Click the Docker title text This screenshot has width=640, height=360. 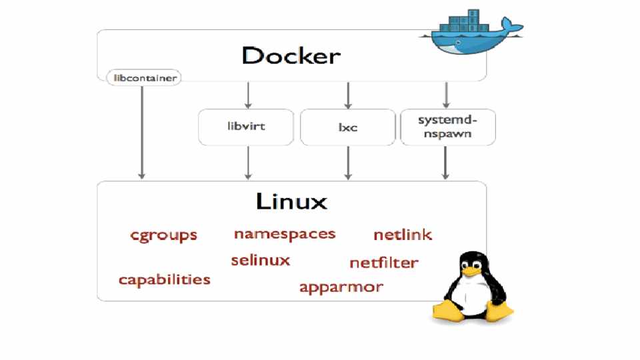point(291,55)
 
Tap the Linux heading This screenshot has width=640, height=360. point(291,200)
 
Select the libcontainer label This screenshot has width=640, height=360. point(144,78)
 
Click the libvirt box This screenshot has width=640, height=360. point(246,127)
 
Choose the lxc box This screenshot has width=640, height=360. point(347,127)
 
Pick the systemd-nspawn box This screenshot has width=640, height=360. point(447,127)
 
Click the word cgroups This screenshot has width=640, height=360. point(164,235)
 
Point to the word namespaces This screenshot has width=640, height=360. point(285,234)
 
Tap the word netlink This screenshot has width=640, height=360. point(403,235)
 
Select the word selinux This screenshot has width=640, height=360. point(261,260)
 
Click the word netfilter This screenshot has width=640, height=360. point(384,263)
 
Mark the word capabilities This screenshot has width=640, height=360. point(165,279)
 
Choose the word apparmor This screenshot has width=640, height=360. point(341,287)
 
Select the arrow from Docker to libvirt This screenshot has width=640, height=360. point(248,95)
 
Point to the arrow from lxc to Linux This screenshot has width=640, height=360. point(347,163)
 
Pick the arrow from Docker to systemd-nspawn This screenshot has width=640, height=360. point(446,95)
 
